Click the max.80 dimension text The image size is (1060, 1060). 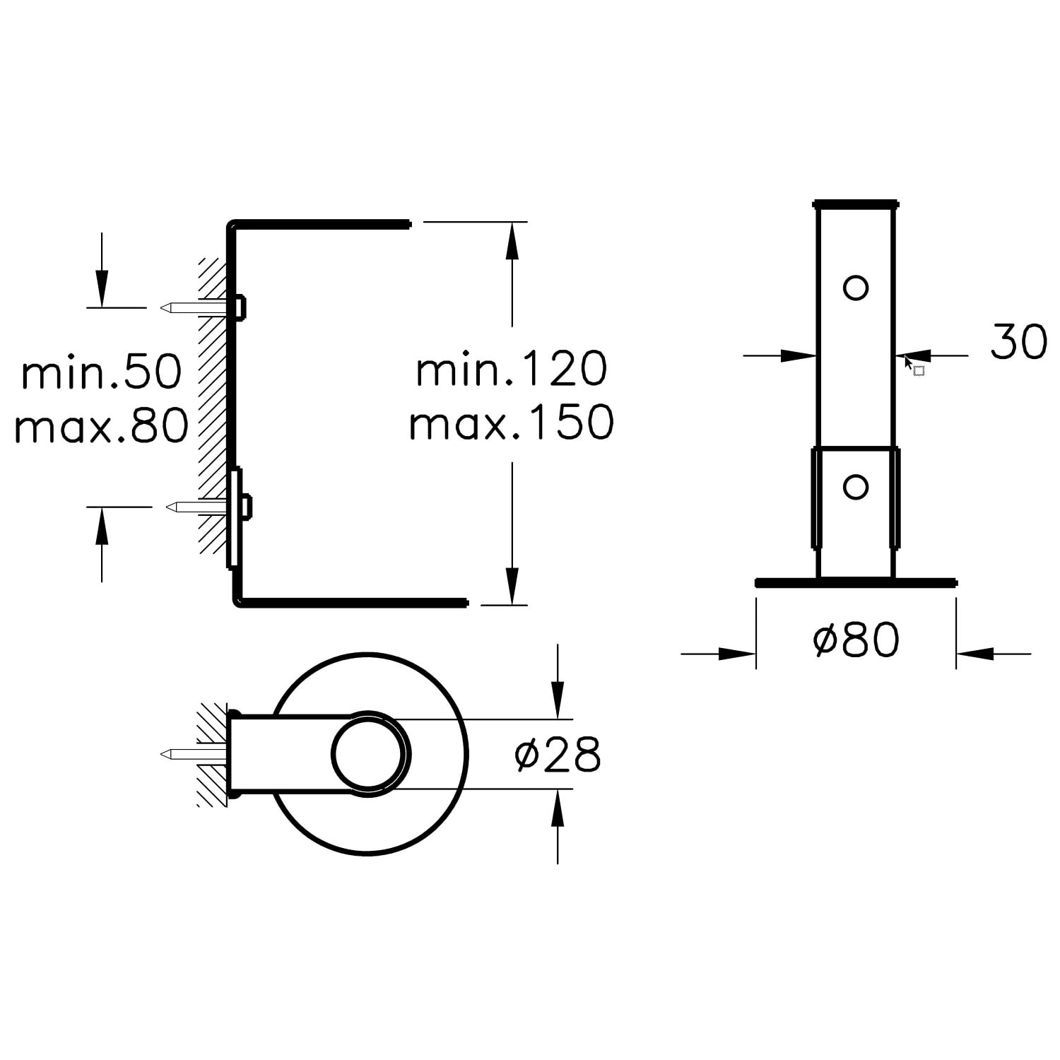pos(102,425)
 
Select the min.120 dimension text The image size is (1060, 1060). pos(512,369)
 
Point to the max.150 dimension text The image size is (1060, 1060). pos(512,423)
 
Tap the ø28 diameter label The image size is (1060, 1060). pos(558,754)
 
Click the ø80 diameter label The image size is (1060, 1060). pos(856,640)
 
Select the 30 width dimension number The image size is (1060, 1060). pos(1018,341)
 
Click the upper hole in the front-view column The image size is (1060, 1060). pos(856,288)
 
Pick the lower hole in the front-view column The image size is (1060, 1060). pos(856,487)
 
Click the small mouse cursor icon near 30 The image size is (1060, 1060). pos(914,366)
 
